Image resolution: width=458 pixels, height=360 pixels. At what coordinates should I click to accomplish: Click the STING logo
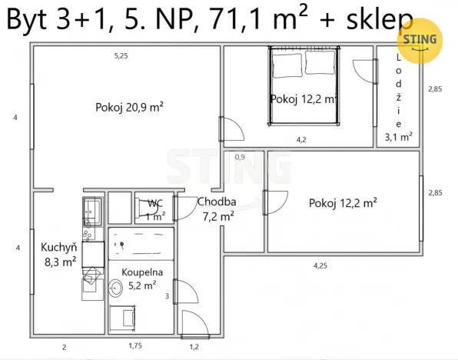(x=420, y=41)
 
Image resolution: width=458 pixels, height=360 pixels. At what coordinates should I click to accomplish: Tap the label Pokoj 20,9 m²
(x=130, y=107)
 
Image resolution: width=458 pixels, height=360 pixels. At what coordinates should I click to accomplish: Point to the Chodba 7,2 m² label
(x=216, y=209)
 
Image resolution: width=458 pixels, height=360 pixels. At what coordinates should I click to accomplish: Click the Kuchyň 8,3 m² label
(x=58, y=255)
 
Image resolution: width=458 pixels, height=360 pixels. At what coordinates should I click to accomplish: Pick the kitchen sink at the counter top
(x=91, y=208)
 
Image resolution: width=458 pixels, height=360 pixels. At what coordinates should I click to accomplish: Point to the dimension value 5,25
(x=121, y=56)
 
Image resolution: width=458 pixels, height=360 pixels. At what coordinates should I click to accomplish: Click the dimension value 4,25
(x=320, y=265)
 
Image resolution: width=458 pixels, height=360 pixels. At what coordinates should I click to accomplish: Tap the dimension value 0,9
(x=240, y=157)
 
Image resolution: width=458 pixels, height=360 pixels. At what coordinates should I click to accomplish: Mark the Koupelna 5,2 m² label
(x=139, y=278)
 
